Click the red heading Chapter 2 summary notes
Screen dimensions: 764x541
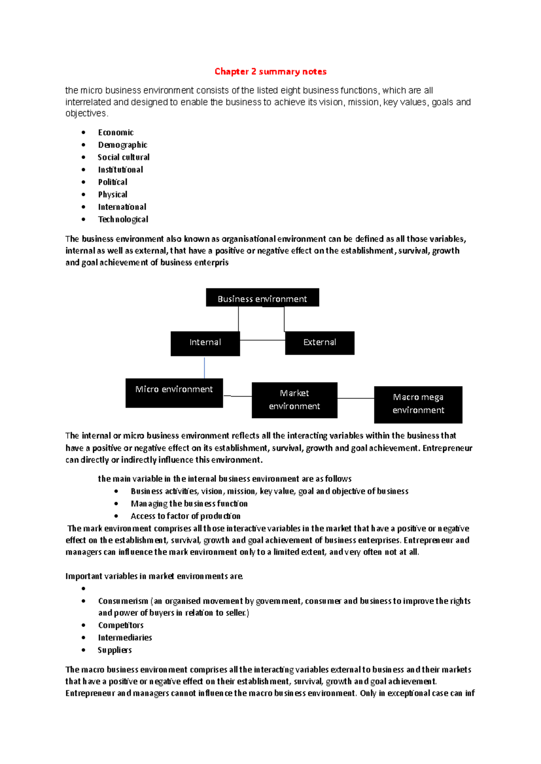270,72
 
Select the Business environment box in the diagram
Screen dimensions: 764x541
262,298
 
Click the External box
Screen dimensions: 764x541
320,343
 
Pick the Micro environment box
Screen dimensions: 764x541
174,393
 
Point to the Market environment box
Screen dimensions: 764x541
294,400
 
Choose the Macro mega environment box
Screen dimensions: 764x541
418,404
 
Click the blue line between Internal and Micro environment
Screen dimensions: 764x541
204,368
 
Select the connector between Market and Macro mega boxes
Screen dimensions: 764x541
356,398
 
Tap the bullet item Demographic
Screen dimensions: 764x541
123,145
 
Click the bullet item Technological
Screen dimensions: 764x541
123,219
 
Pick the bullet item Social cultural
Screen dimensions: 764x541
124,157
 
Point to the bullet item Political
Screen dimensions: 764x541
113,182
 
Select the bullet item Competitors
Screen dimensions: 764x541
121,625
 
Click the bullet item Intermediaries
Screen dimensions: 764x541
125,637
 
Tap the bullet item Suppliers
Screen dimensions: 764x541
115,650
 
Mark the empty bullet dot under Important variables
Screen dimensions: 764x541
83,589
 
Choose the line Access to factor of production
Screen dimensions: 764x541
185,516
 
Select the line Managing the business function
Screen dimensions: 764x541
189,504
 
